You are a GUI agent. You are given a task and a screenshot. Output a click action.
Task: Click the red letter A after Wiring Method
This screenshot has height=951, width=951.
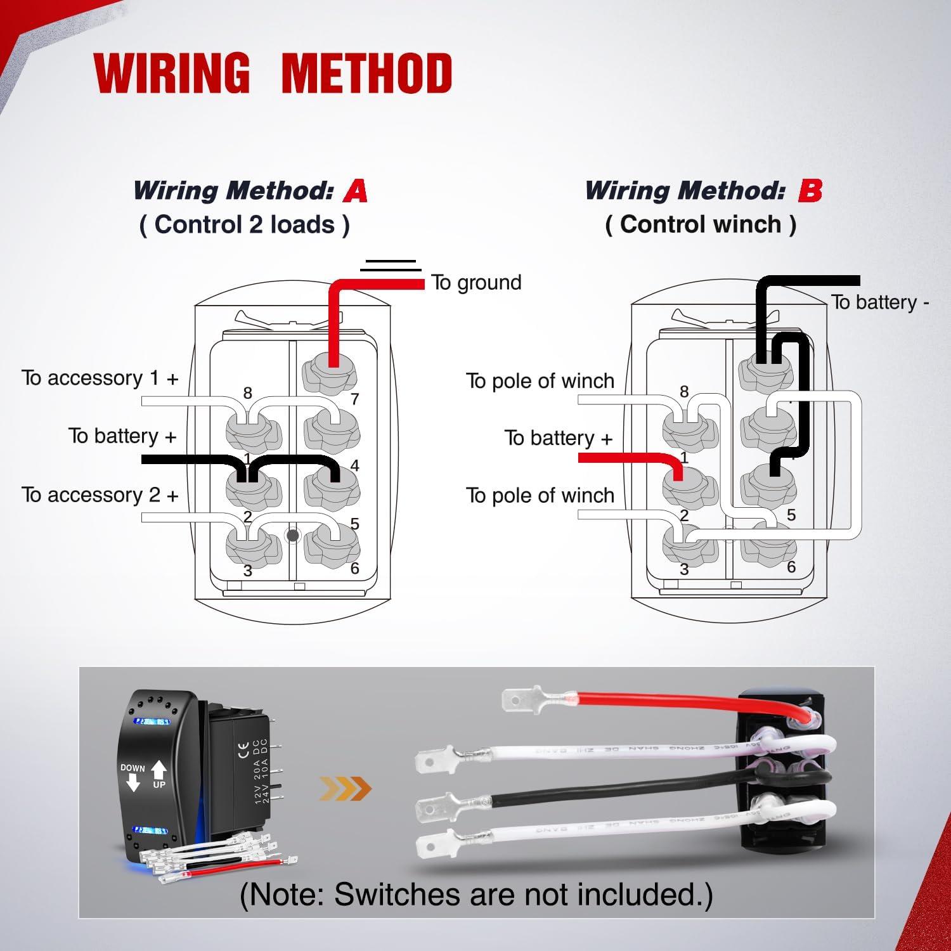[356, 190]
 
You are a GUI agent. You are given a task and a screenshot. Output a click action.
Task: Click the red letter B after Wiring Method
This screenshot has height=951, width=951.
[810, 190]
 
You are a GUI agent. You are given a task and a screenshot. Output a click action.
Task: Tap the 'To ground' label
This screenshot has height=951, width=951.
[476, 282]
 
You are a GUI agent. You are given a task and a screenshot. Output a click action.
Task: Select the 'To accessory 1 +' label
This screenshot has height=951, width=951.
[100, 378]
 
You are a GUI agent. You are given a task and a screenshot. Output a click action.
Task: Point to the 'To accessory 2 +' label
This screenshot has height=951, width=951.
[100, 495]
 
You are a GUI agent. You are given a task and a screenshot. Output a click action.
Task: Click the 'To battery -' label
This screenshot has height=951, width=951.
[880, 302]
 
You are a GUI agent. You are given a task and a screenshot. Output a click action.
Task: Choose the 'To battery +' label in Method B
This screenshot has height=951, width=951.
[559, 438]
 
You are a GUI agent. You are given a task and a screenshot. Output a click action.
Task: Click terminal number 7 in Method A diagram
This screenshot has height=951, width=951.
[354, 399]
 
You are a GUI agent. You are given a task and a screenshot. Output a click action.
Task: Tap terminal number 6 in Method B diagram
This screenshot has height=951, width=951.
[791, 567]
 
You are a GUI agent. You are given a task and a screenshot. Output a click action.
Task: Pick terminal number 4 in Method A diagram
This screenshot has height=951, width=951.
[354, 466]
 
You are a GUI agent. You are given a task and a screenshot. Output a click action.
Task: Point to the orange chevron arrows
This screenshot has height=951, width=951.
[345, 789]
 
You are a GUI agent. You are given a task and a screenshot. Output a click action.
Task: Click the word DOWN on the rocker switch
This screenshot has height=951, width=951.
[133, 768]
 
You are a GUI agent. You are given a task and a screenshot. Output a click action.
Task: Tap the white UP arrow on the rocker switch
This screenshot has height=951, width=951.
[158, 770]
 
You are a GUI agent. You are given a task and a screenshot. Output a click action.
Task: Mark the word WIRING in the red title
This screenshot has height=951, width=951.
[172, 73]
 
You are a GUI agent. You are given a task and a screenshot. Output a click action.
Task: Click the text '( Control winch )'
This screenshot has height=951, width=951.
[701, 224]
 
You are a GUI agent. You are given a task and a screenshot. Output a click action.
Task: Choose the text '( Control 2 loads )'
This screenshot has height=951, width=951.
[244, 224]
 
